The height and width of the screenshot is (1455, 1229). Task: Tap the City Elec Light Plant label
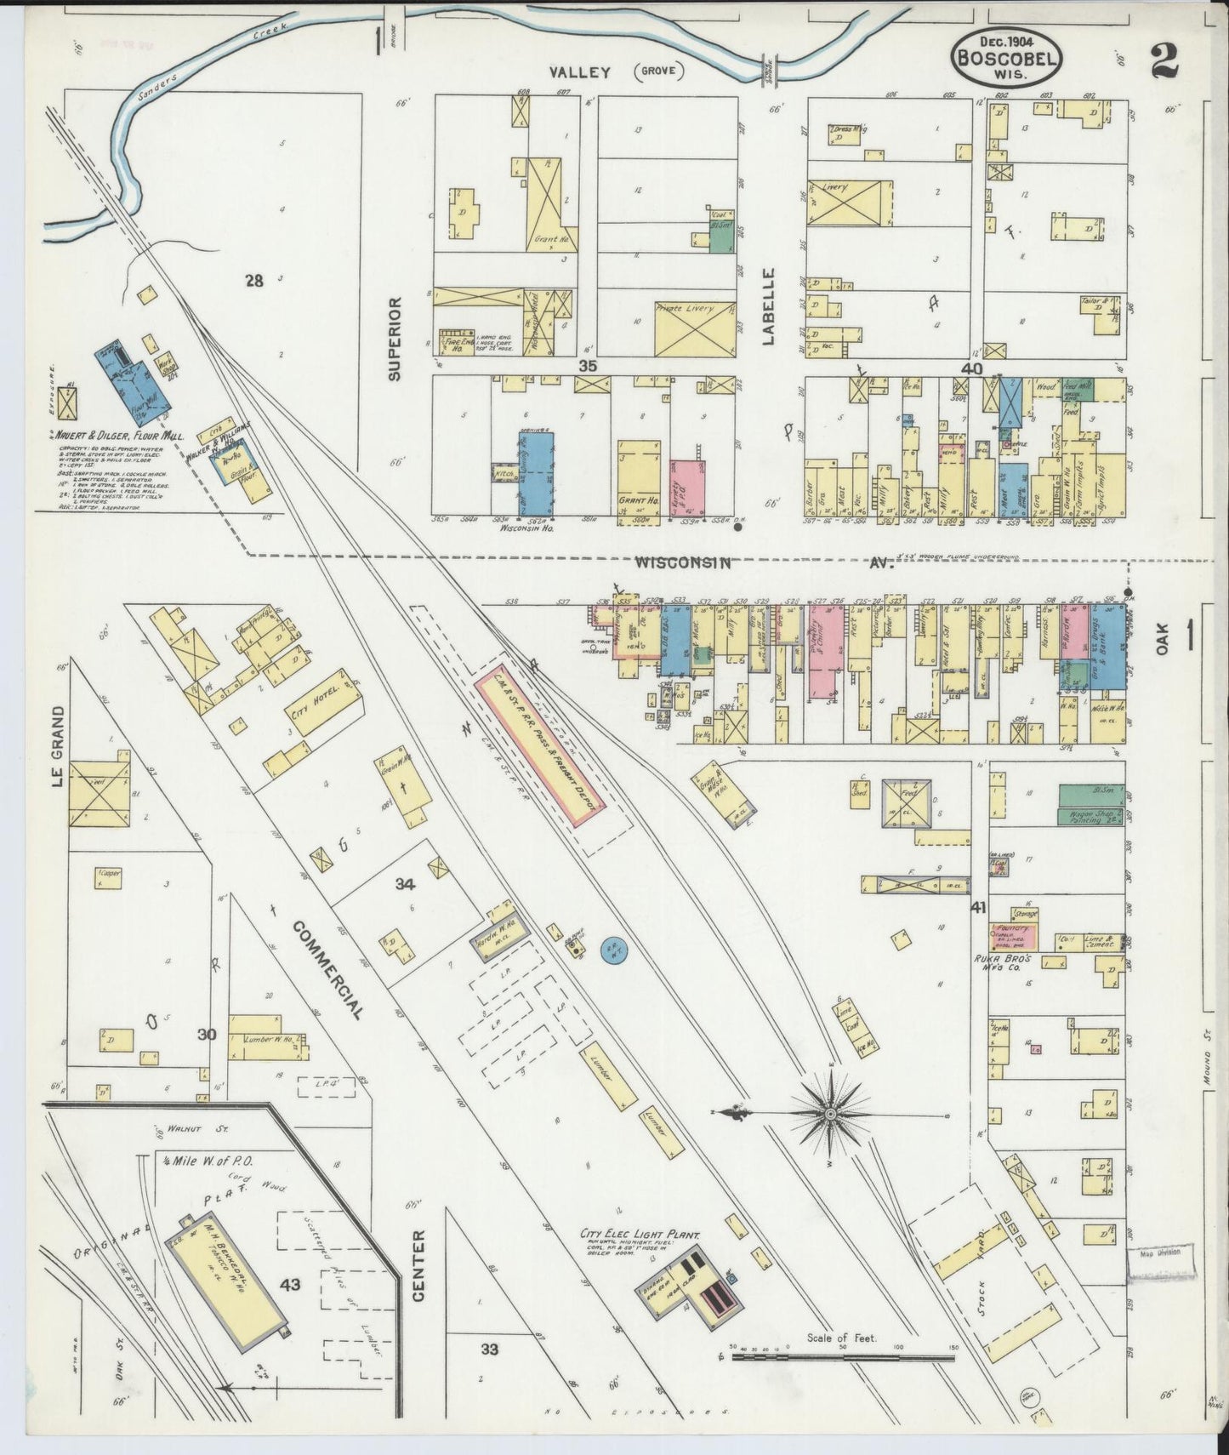click(x=640, y=1233)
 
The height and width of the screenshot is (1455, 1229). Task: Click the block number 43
click(x=290, y=1285)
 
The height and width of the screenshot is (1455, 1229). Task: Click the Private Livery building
click(x=696, y=328)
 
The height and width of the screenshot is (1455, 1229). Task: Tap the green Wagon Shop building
click(x=1091, y=816)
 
